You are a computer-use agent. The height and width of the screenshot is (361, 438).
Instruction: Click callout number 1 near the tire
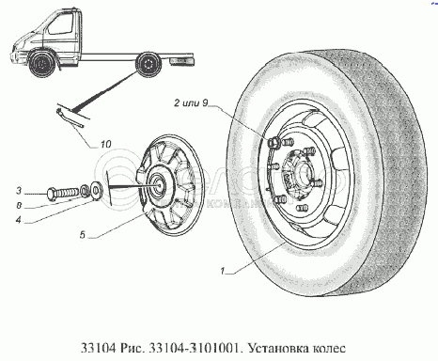point(223,271)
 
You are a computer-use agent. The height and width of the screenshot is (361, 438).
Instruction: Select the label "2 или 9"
point(191,102)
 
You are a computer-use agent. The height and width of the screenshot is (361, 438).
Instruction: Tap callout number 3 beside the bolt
point(19,190)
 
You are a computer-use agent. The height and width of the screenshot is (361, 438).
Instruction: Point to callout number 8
point(19,205)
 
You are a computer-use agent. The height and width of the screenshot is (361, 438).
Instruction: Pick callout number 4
point(19,220)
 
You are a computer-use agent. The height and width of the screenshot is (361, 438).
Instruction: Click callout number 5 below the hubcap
point(83,234)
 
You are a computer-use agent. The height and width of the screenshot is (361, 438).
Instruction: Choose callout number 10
point(106,144)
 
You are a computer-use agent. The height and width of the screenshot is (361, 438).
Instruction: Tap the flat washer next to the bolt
point(95,188)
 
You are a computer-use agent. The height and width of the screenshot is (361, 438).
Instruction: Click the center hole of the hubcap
point(160,184)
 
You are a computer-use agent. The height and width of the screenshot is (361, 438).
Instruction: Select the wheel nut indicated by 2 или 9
point(274,143)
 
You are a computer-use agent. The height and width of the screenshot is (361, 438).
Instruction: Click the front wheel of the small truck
point(41,65)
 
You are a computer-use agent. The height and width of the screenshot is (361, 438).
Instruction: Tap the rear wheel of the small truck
point(149,66)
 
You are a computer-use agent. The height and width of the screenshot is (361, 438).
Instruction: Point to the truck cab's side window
point(61,24)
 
